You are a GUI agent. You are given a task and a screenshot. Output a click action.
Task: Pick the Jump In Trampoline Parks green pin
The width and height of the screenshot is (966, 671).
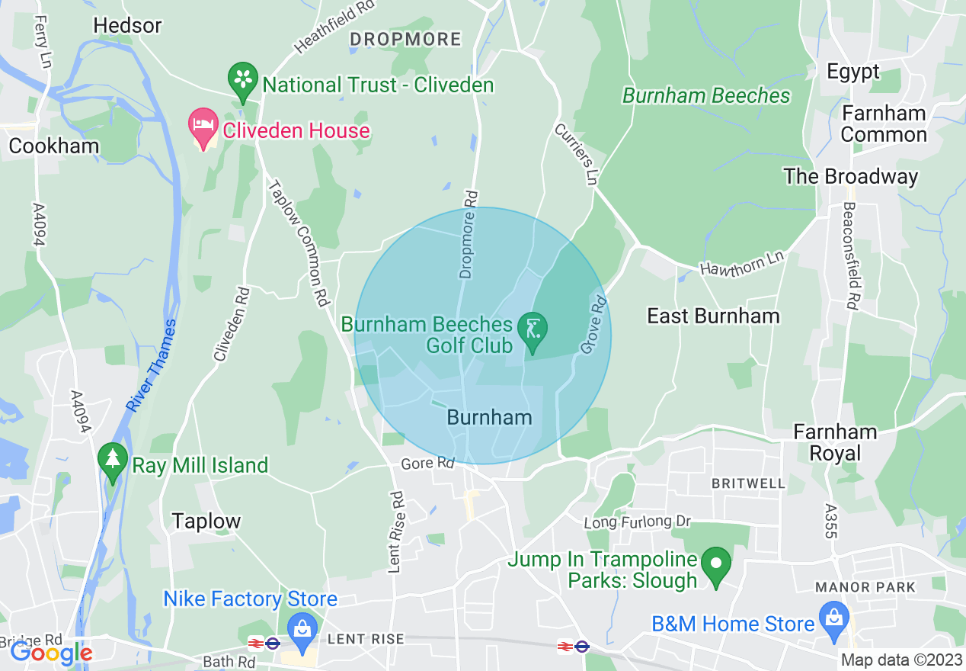pos(715,567)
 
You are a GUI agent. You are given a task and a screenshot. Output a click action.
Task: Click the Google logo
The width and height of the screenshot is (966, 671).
pos(52,653)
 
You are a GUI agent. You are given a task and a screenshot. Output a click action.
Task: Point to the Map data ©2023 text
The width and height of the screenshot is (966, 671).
pos(900,660)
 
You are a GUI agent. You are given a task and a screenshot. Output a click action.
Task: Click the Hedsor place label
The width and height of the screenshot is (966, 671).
pos(127,25)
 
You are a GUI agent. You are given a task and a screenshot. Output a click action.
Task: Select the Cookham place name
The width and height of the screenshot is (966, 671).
pos(53,146)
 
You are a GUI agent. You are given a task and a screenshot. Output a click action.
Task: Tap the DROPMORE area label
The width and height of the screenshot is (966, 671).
pos(405,39)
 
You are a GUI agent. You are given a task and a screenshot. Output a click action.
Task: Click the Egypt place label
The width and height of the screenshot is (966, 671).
pos(853,72)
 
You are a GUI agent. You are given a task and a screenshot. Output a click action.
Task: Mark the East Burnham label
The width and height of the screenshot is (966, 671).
pos(713,316)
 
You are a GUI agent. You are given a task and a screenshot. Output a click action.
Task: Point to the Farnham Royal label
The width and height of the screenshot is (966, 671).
pos(835,442)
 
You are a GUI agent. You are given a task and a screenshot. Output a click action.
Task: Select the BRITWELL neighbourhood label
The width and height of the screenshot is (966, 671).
pos(747,483)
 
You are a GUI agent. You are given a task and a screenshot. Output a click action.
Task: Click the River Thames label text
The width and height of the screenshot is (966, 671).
pos(152,366)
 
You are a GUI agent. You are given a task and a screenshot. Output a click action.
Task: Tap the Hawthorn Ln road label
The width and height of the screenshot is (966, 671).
pos(741,263)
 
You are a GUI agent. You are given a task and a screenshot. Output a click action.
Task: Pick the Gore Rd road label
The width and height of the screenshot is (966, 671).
pos(427,463)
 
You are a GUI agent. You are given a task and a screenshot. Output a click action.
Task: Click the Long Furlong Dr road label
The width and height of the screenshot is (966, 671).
pos(637,522)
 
